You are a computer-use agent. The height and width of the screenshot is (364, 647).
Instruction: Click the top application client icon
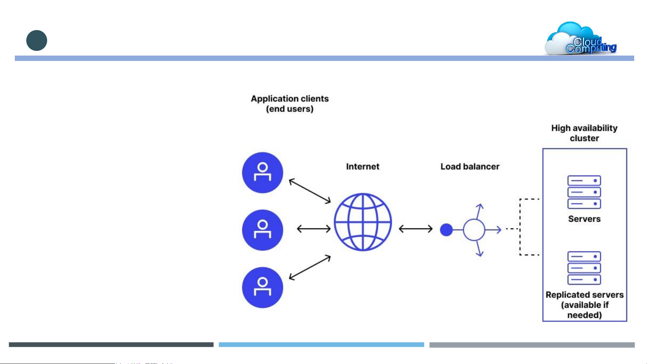click(262, 172)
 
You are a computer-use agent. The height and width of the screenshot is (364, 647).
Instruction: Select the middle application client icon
click(262, 230)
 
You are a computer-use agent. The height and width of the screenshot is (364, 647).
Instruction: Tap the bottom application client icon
click(262, 288)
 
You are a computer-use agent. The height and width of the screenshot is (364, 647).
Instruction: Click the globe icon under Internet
click(363, 222)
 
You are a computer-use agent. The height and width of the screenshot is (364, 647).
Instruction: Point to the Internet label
click(363, 167)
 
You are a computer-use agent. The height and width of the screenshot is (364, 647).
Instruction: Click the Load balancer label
click(470, 167)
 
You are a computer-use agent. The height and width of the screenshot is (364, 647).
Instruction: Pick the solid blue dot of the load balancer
click(446, 230)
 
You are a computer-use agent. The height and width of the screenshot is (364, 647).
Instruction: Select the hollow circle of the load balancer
click(474, 230)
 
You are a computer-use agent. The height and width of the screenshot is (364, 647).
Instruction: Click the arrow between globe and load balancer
click(416, 229)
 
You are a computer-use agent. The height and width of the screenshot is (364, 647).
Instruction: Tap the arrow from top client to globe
click(310, 191)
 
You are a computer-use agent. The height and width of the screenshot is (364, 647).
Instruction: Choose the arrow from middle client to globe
click(314, 229)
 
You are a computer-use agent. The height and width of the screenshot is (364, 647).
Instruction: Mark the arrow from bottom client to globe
click(310, 268)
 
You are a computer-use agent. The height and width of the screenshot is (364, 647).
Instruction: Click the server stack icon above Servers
click(584, 192)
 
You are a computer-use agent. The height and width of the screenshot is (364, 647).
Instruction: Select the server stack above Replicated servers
click(584, 268)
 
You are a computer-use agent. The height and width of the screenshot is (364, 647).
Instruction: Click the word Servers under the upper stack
click(584, 219)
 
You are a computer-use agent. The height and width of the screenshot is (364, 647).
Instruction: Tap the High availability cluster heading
click(584, 133)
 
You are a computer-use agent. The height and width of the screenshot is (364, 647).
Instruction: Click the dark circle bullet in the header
click(37, 40)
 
